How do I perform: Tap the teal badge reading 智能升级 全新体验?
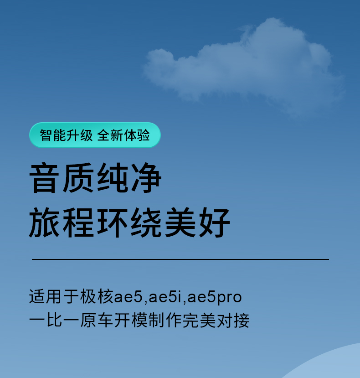pyautogui.click(x=95, y=135)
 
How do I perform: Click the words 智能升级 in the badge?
pyautogui.click(x=66, y=135)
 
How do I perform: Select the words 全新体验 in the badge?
pyautogui.click(x=123, y=135)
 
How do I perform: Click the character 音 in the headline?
pyautogui.click(x=44, y=178)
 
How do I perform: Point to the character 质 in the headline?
pyautogui.click(x=78, y=178)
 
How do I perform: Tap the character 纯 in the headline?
pyautogui.click(x=112, y=178)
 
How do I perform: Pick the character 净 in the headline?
pyautogui.click(x=146, y=178)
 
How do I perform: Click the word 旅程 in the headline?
pyautogui.click(x=61, y=222)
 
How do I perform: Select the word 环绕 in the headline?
pyautogui.click(x=129, y=222)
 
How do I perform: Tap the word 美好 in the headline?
pyautogui.click(x=198, y=222)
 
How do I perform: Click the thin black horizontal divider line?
pyautogui.click(x=180, y=259)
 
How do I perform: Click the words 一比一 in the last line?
pyautogui.click(x=54, y=321)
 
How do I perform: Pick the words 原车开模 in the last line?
pyautogui.click(x=114, y=321)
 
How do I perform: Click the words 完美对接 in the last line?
pyautogui.click(x=216, y=321)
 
